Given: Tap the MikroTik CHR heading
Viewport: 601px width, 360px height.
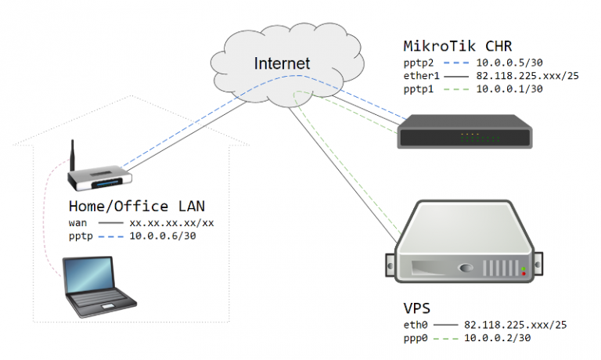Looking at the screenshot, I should pos(459,45).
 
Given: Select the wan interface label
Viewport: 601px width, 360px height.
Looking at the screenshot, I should pos(78,223).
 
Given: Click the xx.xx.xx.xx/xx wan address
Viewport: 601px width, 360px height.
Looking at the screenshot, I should pos(171,223).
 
